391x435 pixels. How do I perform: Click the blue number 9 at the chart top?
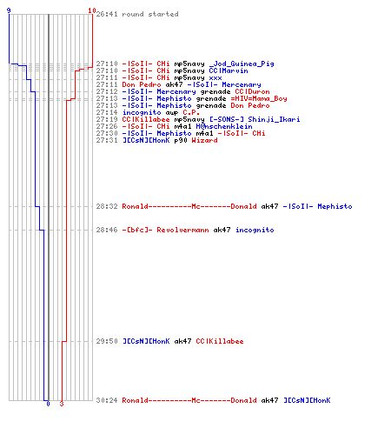[9, 10]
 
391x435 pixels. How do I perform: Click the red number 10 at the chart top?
[92, 10]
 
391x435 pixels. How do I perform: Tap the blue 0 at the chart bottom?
[48, 404]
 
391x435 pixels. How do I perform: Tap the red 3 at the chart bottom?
[62, 404]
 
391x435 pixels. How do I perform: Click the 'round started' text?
[150, 14]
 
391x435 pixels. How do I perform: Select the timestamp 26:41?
[107, 14]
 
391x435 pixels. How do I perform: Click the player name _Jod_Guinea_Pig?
[242, 64]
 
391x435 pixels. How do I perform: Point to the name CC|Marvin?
[229, 70]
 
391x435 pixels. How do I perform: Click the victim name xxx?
[215, 78]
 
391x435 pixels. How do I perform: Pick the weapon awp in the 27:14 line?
[172, 113]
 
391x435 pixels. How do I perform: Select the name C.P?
[191, 112]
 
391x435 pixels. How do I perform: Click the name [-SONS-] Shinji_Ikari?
[255, 119]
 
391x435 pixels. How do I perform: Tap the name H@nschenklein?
[224, 126]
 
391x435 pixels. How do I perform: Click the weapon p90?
[181, 141]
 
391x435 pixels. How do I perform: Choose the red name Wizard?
[204, 140]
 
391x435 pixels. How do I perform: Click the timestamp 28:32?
[107, 206]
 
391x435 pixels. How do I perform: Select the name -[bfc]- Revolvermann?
[165, 230]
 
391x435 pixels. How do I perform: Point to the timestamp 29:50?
[107, 341]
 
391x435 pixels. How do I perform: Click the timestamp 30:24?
[107, 400]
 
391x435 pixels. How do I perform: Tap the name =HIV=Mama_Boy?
[259, 98]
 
